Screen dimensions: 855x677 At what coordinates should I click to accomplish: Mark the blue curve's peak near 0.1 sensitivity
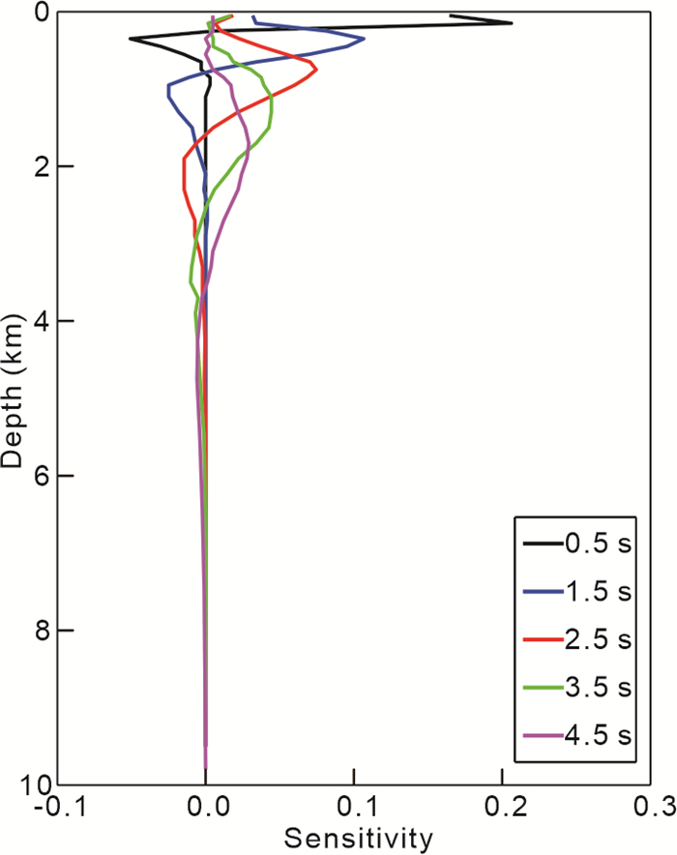pos(364,39)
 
